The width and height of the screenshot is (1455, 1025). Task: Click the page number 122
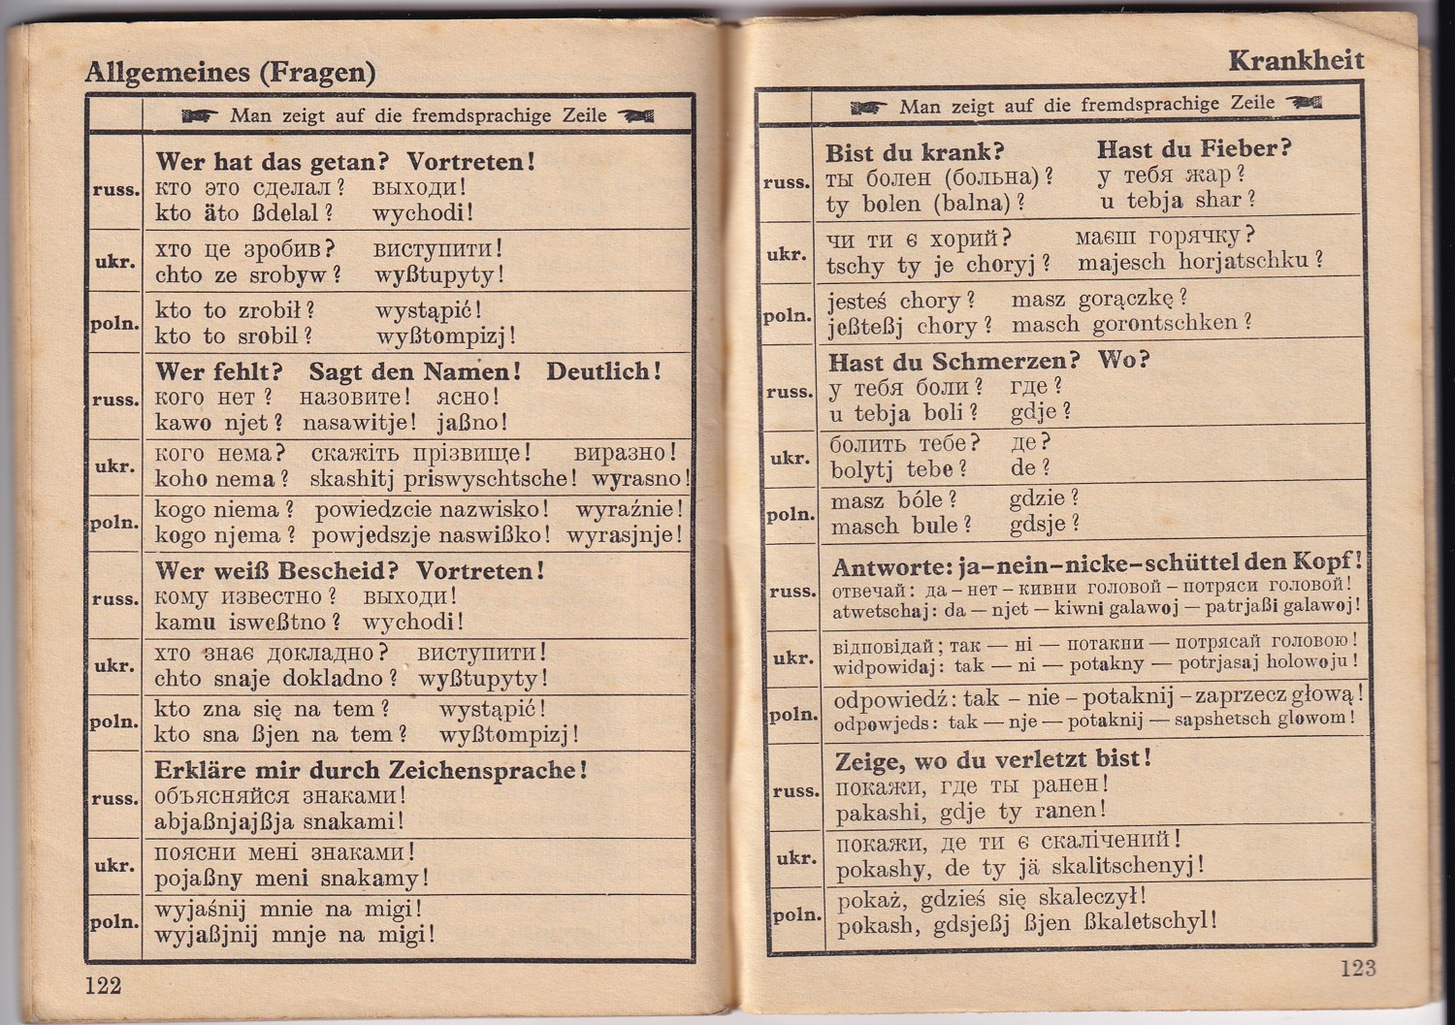(x=104, y=986)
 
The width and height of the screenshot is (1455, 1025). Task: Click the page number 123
(x=1358, y=968)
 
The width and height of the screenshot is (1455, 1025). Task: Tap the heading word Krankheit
(x=1296, y=60)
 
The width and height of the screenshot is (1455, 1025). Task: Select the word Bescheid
(x=339, y=571)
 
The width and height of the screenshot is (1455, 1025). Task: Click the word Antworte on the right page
(x=889, y=566)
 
